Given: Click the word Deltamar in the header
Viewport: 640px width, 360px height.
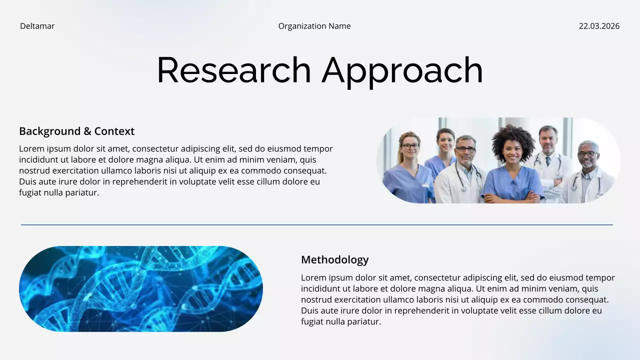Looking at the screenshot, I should [37, 26].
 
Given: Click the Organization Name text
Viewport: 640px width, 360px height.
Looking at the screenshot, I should [314, 26].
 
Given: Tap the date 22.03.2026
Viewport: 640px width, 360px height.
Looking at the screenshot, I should [599, 26].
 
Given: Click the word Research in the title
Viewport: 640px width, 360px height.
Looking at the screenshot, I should [233, 70].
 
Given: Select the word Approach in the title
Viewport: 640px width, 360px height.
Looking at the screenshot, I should [402, 70].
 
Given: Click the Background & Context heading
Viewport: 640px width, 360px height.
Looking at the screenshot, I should [76, 131].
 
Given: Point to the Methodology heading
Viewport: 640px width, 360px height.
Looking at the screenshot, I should [334, 259].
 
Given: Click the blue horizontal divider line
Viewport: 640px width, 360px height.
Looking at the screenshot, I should [316, 225].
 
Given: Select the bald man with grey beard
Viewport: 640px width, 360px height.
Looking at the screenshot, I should [587, 155].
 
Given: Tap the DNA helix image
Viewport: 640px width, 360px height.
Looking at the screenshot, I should [140, 288].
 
